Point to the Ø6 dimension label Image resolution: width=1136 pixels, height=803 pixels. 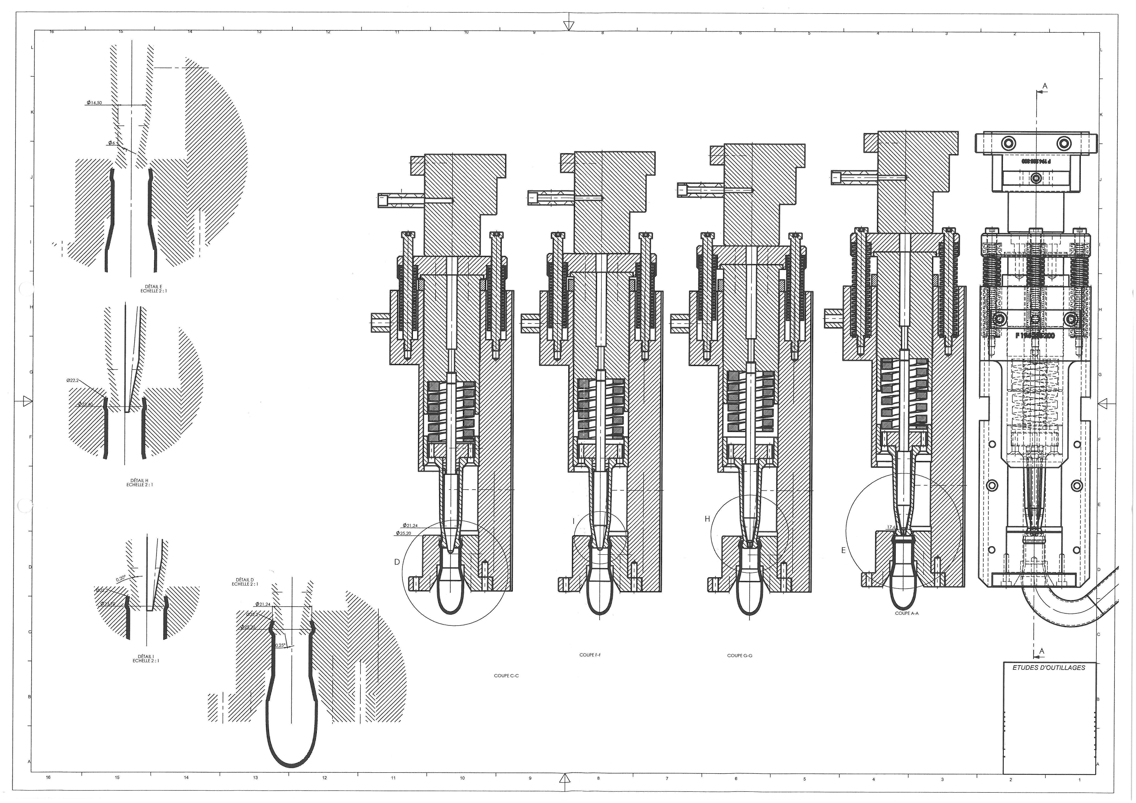point(112,143)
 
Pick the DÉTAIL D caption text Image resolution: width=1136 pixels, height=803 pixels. point(245,582)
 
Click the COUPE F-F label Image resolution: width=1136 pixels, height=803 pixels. point(590,655)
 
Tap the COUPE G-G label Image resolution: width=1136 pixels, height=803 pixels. point(739,656)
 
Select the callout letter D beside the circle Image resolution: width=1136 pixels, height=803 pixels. point(397,562)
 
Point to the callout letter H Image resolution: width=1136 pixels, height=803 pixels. point(707,519)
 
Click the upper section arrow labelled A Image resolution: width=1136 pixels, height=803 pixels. point(1044,87)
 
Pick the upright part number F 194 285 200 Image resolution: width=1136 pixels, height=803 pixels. point(1035,335)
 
